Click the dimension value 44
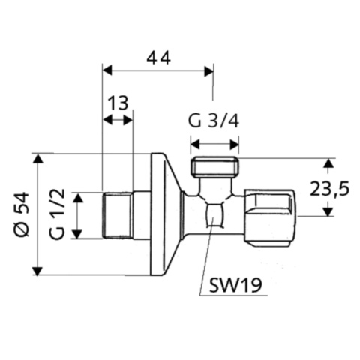(x=157, y=55)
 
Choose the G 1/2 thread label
(x=58, y=214)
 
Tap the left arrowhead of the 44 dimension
(x=106, y=70)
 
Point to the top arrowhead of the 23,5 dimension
(x=328, y=162)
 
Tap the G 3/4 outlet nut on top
(x=215, y=166)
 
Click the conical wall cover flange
(x=165, y=214)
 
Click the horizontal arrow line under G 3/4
(x=215, y=143)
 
